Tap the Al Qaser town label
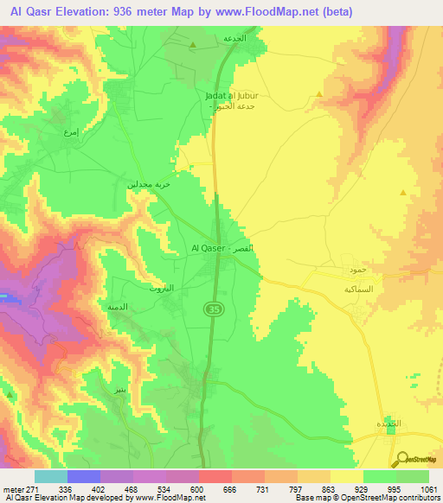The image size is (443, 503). point(221,248)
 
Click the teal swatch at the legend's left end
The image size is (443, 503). point(51,476)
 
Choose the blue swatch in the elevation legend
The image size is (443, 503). point(84,476)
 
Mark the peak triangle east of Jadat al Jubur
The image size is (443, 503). point(320,94)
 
